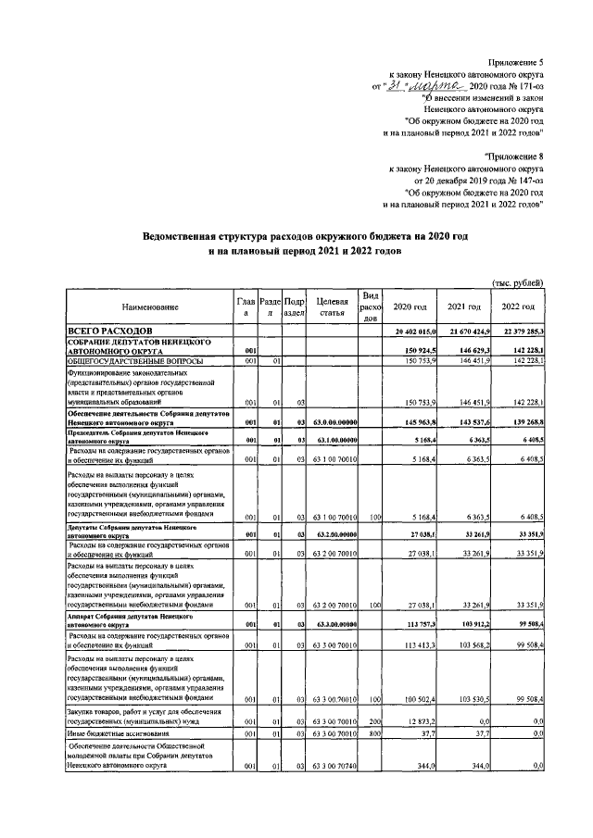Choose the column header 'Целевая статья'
(x=331, y=306)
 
